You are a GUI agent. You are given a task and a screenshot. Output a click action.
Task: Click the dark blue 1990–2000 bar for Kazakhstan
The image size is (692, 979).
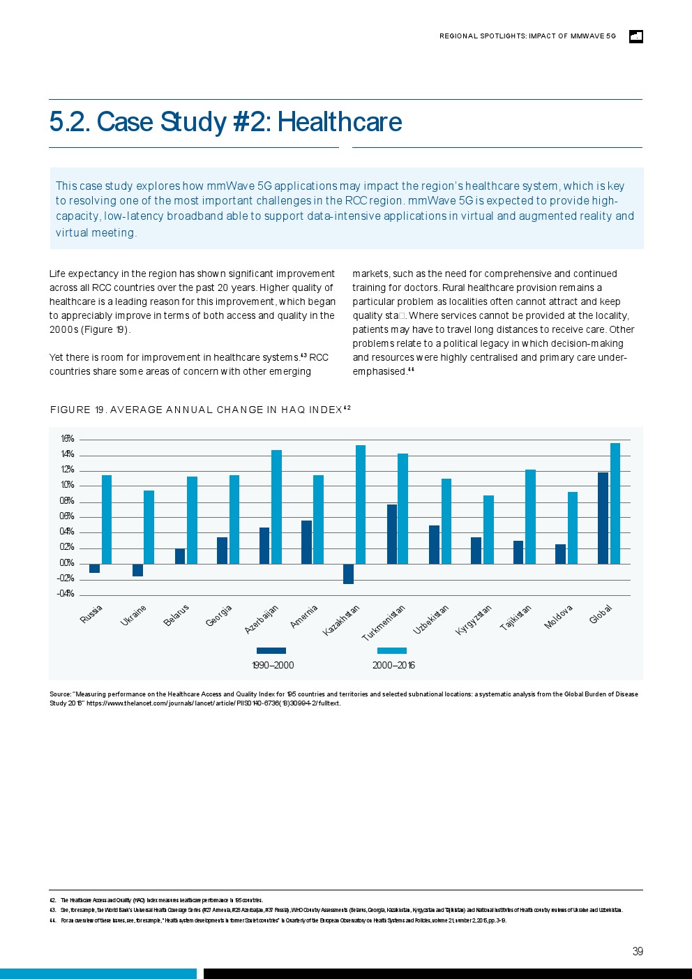[348, 574]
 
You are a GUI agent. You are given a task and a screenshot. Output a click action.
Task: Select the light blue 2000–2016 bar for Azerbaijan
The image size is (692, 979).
[276, 507]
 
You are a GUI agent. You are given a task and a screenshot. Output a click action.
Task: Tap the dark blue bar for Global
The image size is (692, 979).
[603, 518]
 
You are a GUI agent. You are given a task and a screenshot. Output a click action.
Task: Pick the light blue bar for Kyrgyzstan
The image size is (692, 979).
[488, 529]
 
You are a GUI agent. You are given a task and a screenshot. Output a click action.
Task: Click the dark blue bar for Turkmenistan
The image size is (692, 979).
[392, 534]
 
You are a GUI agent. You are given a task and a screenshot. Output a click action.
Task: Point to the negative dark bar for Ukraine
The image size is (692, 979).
[137, 570]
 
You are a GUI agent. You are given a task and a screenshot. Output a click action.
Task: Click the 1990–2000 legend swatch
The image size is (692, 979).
[271, 650]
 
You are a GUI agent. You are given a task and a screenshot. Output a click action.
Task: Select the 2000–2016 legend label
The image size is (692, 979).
[393, 665]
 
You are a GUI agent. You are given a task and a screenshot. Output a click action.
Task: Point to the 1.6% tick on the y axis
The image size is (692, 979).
[67, 439]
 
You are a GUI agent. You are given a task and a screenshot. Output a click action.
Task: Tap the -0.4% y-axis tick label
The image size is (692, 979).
[66, 594]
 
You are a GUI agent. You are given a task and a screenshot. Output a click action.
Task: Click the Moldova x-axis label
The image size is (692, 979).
[559, 617]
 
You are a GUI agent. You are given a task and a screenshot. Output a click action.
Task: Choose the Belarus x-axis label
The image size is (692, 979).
[176, 615]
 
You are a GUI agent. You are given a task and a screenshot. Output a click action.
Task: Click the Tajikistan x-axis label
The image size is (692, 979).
[516, 618]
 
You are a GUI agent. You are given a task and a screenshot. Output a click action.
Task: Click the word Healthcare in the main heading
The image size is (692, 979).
[340, 122]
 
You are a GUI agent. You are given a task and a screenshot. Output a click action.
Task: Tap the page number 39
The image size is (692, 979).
[638, 951]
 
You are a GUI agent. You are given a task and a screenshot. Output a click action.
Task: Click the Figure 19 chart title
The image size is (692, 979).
[200, 410]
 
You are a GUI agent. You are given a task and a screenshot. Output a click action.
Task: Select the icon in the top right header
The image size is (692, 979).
[635, 36]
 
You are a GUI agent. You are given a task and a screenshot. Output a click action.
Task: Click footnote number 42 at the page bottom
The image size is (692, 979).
[52, 900]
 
